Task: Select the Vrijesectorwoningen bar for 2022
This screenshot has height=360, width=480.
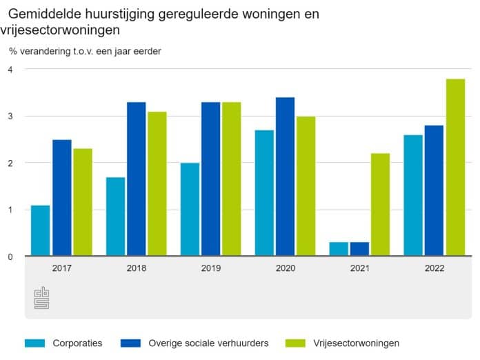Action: [x=455, y=168]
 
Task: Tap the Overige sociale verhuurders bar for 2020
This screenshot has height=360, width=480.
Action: [x=285, y=177]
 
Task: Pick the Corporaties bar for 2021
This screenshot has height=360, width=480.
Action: [x=339, y=249]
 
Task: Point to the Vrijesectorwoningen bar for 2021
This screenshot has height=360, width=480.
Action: [x=381, y=204]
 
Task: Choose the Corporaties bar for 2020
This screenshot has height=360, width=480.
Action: [x=264, y=193]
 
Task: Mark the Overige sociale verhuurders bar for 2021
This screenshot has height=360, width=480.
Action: [x=359, y=249]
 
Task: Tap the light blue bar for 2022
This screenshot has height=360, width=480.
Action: [x=413, y=195]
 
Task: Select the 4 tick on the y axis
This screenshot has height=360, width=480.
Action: [x=10, y=69]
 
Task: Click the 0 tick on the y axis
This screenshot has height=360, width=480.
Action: [x=10, y=257]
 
